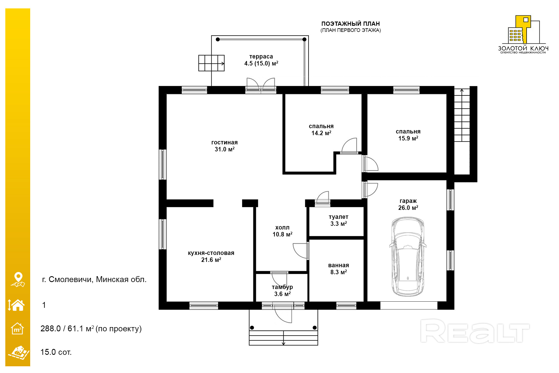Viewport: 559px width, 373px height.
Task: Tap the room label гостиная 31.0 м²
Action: coord(224,146)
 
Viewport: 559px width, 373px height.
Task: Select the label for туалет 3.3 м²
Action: coord(338,220)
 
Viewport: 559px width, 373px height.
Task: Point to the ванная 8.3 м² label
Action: coord(338,269)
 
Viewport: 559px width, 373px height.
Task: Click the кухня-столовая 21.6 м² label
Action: coord(211,256)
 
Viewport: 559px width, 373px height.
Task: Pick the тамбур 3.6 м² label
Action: coord(282,290)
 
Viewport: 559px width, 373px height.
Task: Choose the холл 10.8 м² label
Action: coord(282,231)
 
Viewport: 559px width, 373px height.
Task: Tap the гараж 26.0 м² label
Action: coord(408,204)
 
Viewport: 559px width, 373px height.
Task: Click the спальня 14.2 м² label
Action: coord(321,130)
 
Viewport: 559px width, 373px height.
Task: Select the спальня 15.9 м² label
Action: coord(408,135)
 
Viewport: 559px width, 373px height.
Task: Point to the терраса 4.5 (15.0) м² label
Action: coord(261,60)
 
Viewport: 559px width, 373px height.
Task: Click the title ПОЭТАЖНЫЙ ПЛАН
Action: coord(350,24)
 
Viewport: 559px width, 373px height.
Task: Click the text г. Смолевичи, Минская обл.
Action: coord(94,279)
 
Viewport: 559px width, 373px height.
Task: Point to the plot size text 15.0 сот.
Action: coord(56,352)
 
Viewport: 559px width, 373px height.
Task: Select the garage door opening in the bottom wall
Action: coord(409,306)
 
